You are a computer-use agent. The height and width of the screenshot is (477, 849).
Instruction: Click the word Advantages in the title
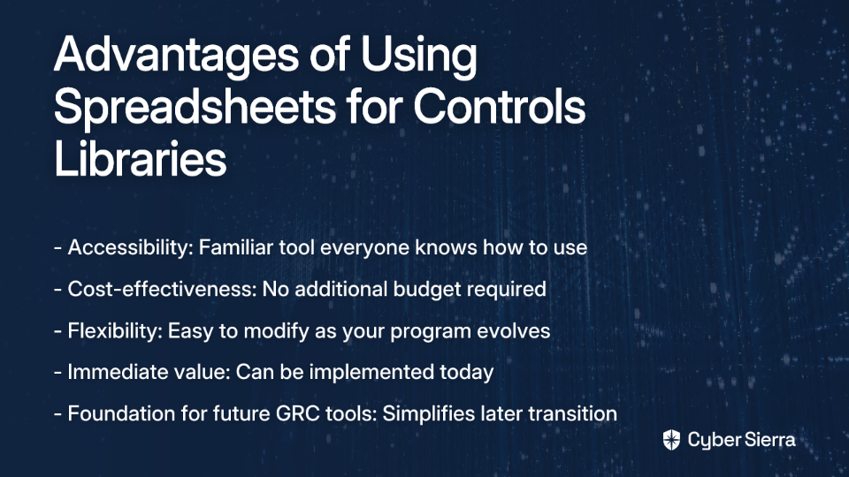177,56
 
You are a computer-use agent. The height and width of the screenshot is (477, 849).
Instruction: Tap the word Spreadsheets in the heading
195,106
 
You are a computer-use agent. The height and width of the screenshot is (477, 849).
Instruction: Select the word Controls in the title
499,106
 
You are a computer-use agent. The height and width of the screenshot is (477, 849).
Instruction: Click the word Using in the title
418,56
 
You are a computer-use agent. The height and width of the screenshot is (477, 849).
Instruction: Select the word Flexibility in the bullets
115,331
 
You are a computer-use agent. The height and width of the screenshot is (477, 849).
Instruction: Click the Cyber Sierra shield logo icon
671,440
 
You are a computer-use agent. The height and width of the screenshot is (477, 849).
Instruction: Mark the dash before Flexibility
58,332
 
